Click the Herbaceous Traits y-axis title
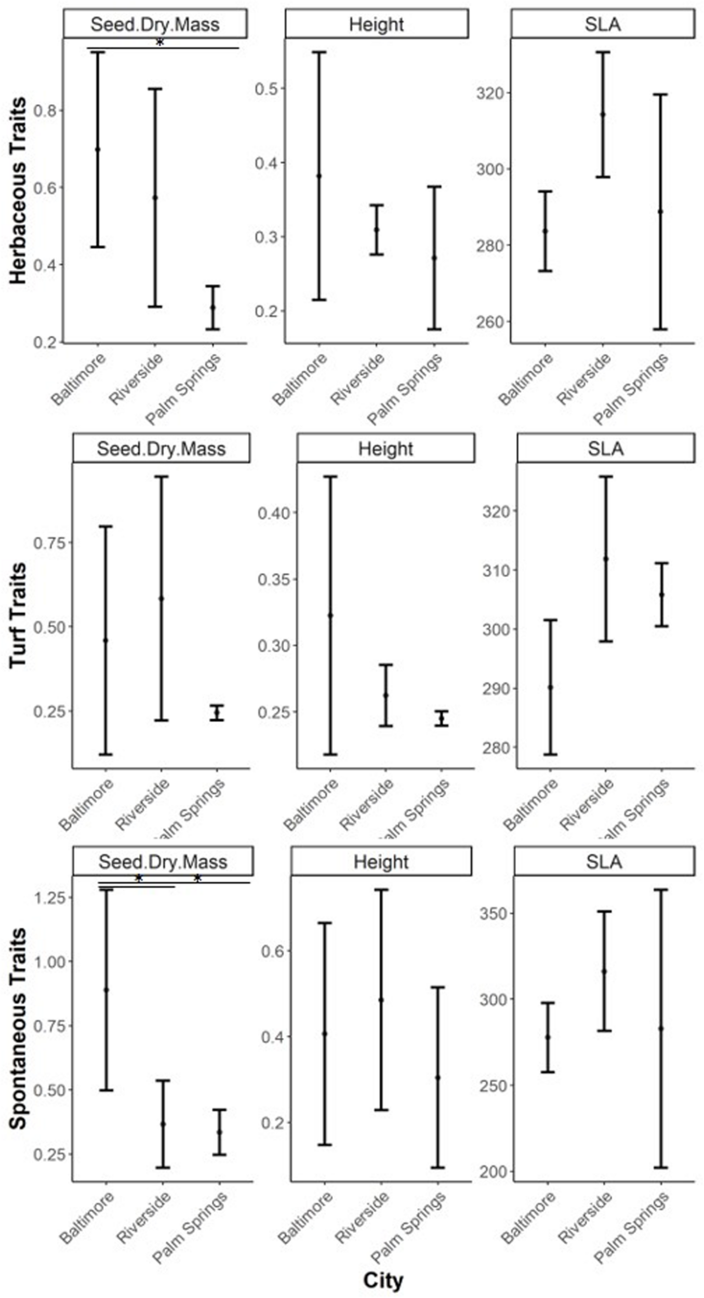click(18, 190)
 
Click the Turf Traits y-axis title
click(18, 615)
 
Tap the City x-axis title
click(383, 1280)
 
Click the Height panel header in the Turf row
click(386, 449)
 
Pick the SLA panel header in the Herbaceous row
click(603, 24)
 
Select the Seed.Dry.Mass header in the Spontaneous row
click(163, 862)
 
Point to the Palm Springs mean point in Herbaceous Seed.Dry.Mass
click(212, 307)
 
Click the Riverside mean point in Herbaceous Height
click(377, 229)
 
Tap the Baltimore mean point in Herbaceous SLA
click(545, 231)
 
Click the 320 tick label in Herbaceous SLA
click(490, 93)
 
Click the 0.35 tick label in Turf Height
click(273, 579)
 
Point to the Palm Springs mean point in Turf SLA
click(661, 594)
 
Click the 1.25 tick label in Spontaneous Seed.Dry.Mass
click(51, 898)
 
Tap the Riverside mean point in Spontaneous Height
click(381, 999)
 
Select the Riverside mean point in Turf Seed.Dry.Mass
click(161, 598)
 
